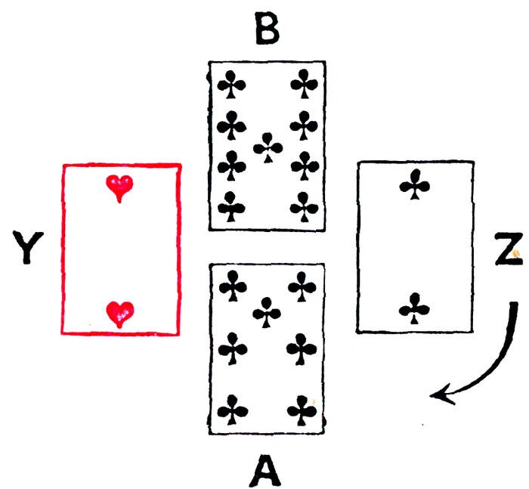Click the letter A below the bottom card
265,466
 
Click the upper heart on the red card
119,187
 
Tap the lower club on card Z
414,308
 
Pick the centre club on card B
268,146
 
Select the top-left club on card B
231,85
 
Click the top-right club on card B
303,84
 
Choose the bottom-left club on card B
231,203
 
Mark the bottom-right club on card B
303,203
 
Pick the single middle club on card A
266,311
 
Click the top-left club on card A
231,286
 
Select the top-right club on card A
302,286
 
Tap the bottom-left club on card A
231,412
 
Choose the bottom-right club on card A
302,412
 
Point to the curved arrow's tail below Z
514,307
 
